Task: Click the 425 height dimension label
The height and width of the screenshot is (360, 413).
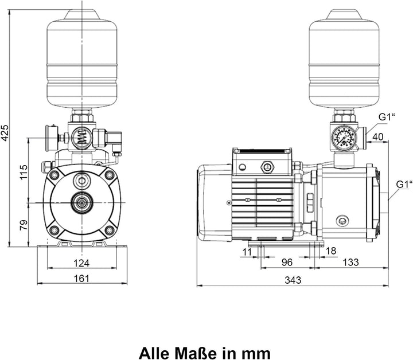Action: point(5,132)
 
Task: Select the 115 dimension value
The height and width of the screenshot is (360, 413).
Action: point(24,172)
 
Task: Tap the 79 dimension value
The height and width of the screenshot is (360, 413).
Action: point(24,225)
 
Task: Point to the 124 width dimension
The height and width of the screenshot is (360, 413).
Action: point(81,263)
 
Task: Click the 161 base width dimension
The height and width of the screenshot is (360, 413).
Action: point(81,278)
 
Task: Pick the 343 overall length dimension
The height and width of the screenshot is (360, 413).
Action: point(293,280)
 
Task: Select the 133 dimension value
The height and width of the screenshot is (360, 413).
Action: point(350,262)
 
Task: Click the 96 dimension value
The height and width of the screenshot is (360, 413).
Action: point(287,262)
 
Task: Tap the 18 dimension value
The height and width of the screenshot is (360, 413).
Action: point(331,251)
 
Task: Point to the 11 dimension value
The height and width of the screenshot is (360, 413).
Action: point(247,252)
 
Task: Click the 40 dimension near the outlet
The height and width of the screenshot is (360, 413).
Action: point(378,137)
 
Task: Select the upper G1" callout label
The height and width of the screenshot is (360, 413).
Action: point(387,117)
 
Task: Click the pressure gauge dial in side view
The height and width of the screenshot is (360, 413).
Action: point(343,137)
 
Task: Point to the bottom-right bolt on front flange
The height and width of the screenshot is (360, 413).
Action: point(109,230)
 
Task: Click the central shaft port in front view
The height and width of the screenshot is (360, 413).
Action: point(82,202)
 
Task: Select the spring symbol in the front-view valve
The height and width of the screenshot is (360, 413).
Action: point(82,136)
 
